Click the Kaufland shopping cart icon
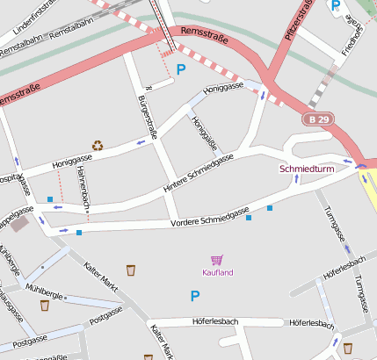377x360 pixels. [x=217, y=260]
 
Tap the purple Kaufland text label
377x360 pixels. [x=218, y=273]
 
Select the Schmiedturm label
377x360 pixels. [x=301, y=168]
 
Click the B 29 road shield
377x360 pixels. [x=319, y=119]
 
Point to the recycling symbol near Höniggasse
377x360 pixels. [x=98, y=145]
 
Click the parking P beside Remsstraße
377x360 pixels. [x=181, y=68]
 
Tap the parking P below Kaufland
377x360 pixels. [x=195, y=297]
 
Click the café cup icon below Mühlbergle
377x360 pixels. [x=44, y=306]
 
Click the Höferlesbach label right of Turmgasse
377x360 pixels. [x=344, y=269]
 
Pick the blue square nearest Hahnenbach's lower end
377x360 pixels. [x=79, y=233]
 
